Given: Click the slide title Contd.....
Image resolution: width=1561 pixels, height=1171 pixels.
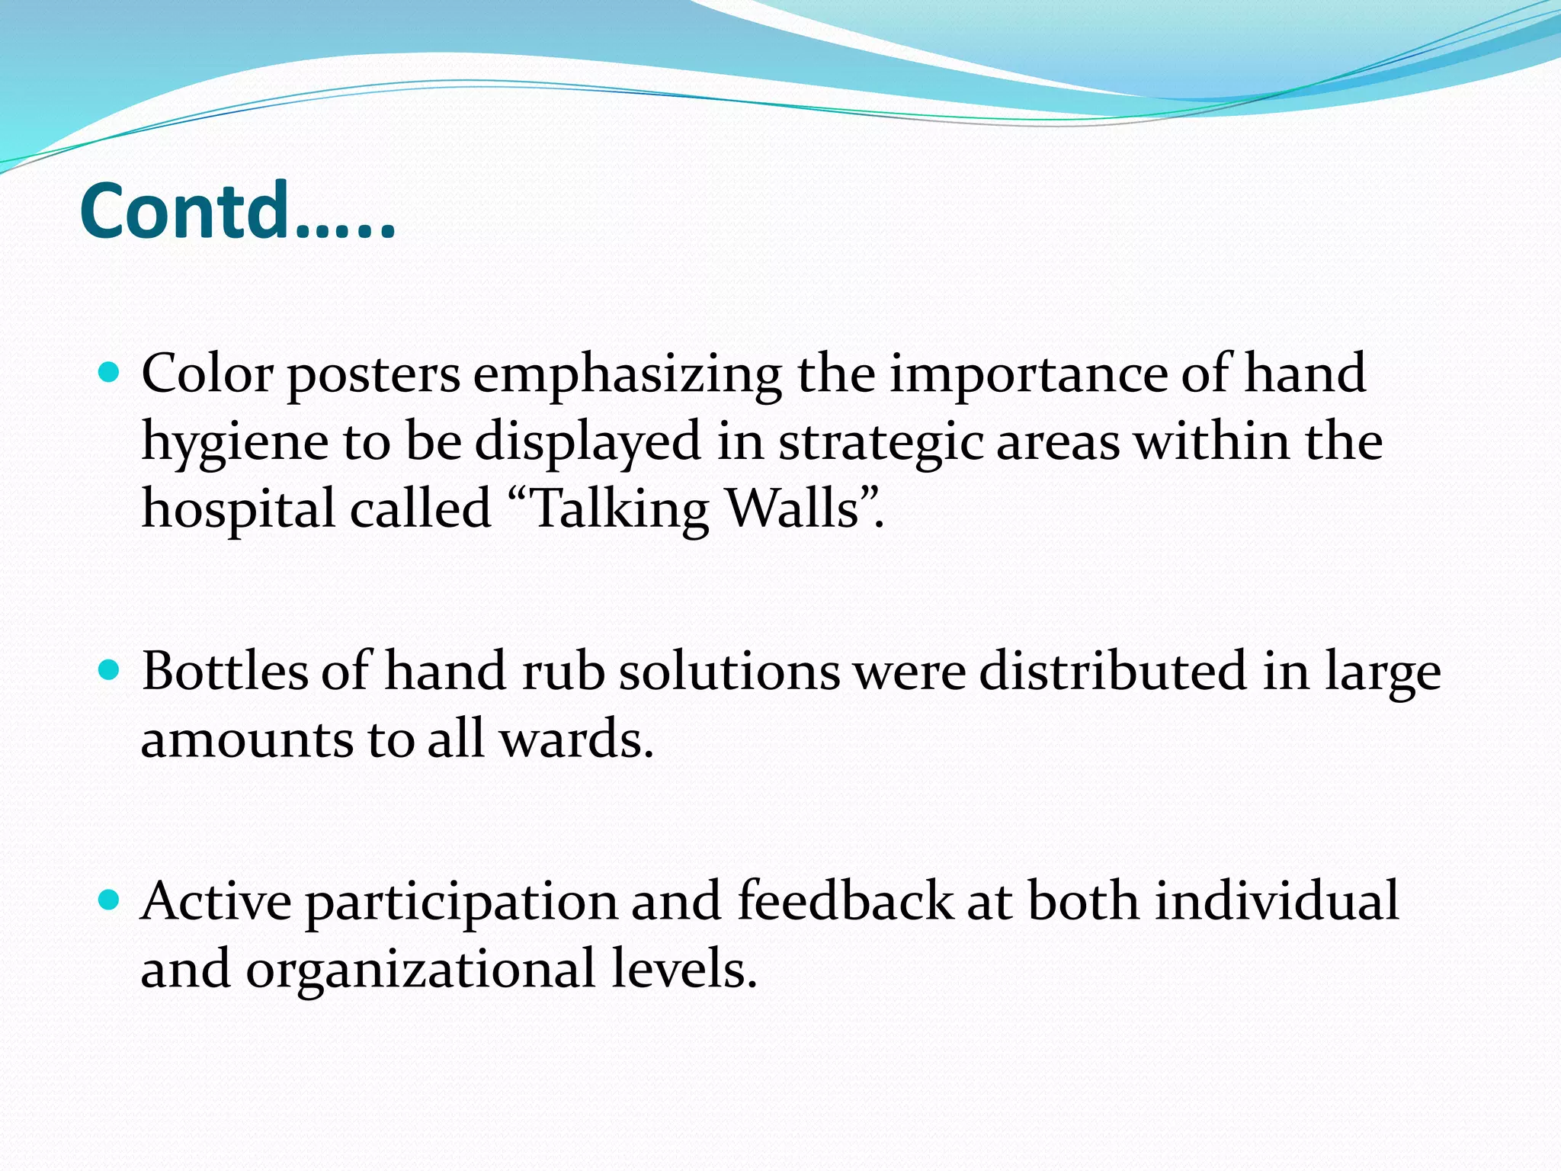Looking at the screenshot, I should pyautogui.click(x=236, y=211).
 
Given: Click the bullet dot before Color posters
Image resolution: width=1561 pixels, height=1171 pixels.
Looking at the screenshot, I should pyautogui.click(x=110, y=373).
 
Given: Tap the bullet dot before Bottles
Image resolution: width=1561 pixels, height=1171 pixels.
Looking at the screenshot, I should pyautogui.click(x=110, y=671).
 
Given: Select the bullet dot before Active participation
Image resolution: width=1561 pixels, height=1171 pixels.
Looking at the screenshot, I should pyautogui.click(x=110, y=900).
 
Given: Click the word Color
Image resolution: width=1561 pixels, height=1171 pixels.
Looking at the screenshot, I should pyautogui.click(x=207, y=374).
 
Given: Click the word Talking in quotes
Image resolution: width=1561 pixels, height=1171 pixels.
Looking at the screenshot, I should pyautogui.click(x=618, y=510).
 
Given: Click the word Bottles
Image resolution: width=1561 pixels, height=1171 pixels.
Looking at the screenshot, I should pyautogui.click(x=224, y=671).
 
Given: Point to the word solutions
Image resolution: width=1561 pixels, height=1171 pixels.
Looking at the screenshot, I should pyautogui.click(x=729, y=671).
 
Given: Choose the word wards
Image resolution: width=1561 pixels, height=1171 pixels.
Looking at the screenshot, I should pyautogui.click(x=576, y=739).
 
